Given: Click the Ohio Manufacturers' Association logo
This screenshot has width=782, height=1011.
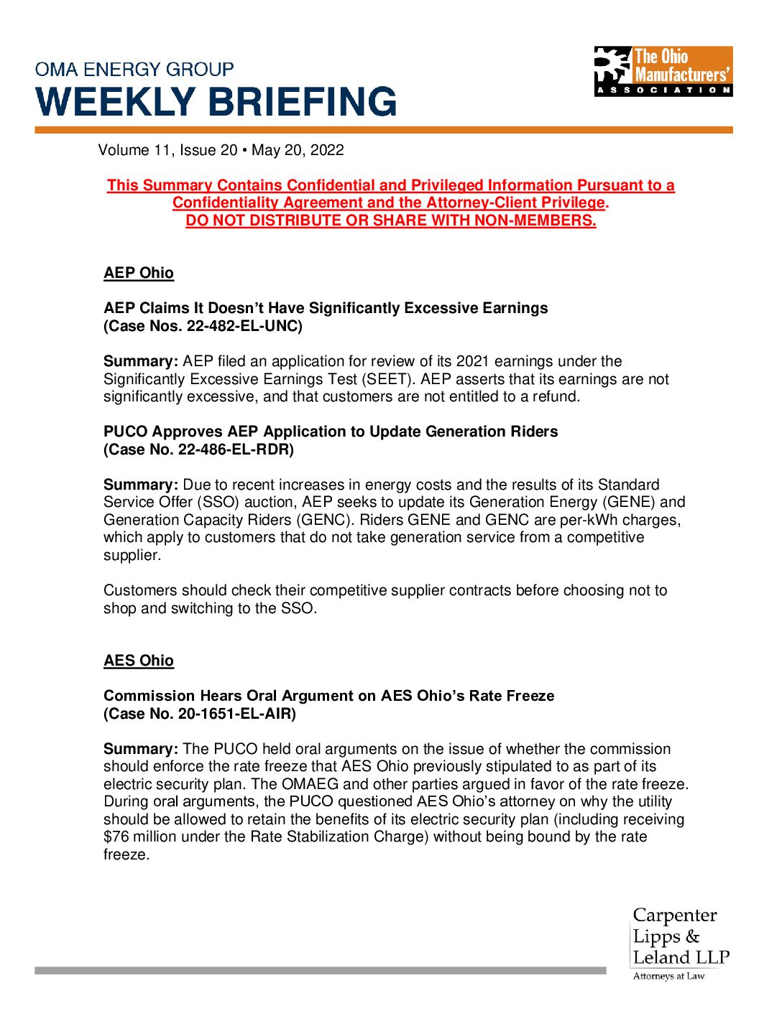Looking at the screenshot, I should tap(663, 71).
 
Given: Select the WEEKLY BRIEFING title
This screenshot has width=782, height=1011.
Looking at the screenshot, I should tap(216, 102).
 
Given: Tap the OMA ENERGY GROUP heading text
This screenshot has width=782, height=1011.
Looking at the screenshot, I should tap(134, 70).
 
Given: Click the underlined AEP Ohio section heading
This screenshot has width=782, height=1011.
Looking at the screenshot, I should tap(139, 273).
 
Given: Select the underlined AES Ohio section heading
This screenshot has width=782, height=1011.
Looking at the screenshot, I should tap(139, 661).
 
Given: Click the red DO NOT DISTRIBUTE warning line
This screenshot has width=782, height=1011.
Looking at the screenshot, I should tap(391, 220).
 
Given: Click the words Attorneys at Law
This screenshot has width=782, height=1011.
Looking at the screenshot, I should tap(668, 977).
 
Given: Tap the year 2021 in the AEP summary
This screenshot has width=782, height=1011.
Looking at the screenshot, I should tap(473, 361).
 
